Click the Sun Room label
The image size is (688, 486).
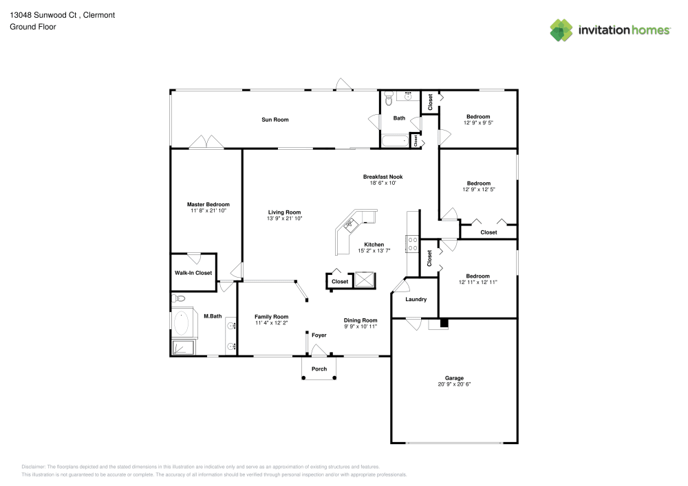coord(275,120)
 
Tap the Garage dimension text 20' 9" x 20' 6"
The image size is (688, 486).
coord(454,384)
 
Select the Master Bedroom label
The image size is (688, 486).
coord(208,204)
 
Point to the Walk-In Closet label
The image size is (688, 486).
coord(193,273)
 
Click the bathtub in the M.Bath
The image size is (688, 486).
coord(181,323)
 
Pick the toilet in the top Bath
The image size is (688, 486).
coord(389,99)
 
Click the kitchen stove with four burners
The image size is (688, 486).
coord(412,244)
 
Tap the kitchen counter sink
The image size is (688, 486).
coord(351,225)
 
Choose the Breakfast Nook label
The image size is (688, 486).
coord(383,177)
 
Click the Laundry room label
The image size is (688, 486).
coord(416,299)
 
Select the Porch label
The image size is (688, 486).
coord(319,369)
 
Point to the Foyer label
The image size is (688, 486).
coord(319,335)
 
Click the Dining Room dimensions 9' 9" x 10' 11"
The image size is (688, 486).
coord(361,327)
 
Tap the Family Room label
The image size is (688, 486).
coord(272,316)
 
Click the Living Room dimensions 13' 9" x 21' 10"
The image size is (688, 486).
coord(285,218)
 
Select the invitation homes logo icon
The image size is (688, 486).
coord(561,30)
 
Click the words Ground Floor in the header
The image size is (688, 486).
coord(33,27)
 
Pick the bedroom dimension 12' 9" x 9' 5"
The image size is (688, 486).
coord(478,123)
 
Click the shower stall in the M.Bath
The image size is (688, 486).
coord(183,347)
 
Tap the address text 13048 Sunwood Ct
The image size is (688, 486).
coord(43,15)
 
